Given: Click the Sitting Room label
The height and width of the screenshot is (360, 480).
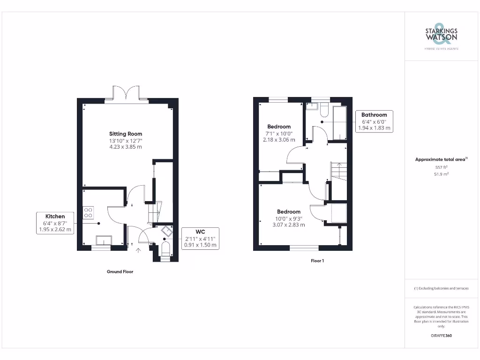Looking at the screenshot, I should [126, 134].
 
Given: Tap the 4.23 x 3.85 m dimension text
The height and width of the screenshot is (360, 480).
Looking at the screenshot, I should [126, 147].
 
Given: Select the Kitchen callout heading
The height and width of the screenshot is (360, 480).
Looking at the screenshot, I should [55, 216].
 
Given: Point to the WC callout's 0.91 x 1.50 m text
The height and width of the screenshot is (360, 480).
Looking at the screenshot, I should [200, 245].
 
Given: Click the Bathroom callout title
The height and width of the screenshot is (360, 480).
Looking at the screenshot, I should [374, 115].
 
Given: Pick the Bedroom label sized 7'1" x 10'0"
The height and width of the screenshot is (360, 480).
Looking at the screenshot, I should [279, 127].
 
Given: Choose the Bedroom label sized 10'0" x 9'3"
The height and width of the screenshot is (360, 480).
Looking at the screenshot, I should [288, 211].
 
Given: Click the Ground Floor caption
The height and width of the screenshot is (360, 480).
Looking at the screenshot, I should [120, 271].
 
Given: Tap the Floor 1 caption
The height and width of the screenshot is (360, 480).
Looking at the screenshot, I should [317, 261].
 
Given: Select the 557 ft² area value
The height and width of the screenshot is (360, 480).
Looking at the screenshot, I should [441, 167].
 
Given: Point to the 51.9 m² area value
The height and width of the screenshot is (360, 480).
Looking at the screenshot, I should [441, 174].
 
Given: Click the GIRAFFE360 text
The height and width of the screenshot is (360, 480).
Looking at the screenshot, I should [441, 336].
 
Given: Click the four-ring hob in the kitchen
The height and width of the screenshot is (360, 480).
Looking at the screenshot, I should [88, 212].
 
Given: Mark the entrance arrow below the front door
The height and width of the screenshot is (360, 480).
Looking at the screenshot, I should [138, 250].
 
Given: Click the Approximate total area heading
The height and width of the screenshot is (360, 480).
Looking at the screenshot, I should [441, 159].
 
